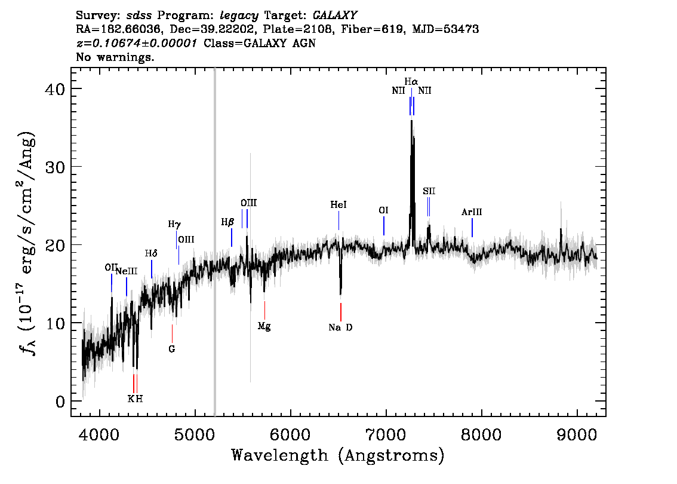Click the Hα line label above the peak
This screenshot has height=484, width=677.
tap(411, 81)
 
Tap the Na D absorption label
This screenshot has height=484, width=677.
tap(340, 327)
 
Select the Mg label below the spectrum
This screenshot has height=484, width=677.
tap(264, 326)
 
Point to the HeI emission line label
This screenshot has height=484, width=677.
tap(338, 204)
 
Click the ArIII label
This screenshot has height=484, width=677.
tap(472, 212)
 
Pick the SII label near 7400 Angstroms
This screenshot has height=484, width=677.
tap(429, 191)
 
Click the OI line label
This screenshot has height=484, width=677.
tap(383, 210)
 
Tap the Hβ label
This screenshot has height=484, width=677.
tap(227, 222)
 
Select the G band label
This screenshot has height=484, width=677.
tap(172, 349)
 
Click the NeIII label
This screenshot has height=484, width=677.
tap(127, 271)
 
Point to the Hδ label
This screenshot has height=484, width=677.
tap(151, 253)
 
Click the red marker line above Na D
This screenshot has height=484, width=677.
tap(341, 311)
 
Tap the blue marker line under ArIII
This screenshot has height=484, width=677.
tap(472, 228)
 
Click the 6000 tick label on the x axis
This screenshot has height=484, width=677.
tap(290, 434)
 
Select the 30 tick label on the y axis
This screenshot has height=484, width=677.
tap(55, 167)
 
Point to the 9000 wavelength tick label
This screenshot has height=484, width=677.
tap(576, 434)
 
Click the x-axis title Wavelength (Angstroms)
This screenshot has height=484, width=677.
tap(338, 455)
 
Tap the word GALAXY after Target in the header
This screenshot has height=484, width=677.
tap(334, 16)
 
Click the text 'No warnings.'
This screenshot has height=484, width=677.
tap(115, 57)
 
